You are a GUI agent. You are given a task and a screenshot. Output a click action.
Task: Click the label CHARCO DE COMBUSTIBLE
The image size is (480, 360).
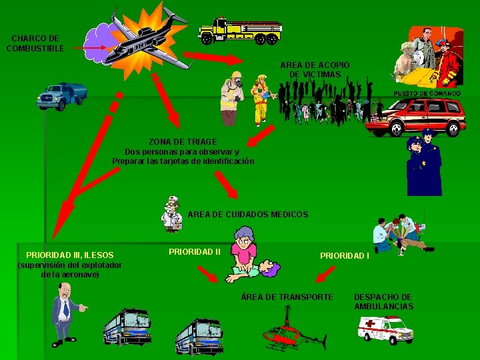35,43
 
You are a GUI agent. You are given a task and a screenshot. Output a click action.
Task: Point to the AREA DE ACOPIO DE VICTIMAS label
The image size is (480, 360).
315,69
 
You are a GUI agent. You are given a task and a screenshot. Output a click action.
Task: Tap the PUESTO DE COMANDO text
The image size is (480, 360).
427,94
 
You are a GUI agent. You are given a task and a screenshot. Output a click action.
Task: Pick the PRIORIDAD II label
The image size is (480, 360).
195,251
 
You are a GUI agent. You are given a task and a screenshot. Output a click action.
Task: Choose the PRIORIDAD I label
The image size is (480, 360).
344,255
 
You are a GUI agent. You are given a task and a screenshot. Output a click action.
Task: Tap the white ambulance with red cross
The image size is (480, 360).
385,329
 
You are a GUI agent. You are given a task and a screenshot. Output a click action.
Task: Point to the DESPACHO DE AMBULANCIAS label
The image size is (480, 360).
383,301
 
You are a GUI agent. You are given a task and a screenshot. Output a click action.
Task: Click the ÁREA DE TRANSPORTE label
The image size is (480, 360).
287,297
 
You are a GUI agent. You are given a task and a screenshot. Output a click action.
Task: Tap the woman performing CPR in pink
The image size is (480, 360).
244,253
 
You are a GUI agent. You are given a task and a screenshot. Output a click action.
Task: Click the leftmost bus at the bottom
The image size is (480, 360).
127,326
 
